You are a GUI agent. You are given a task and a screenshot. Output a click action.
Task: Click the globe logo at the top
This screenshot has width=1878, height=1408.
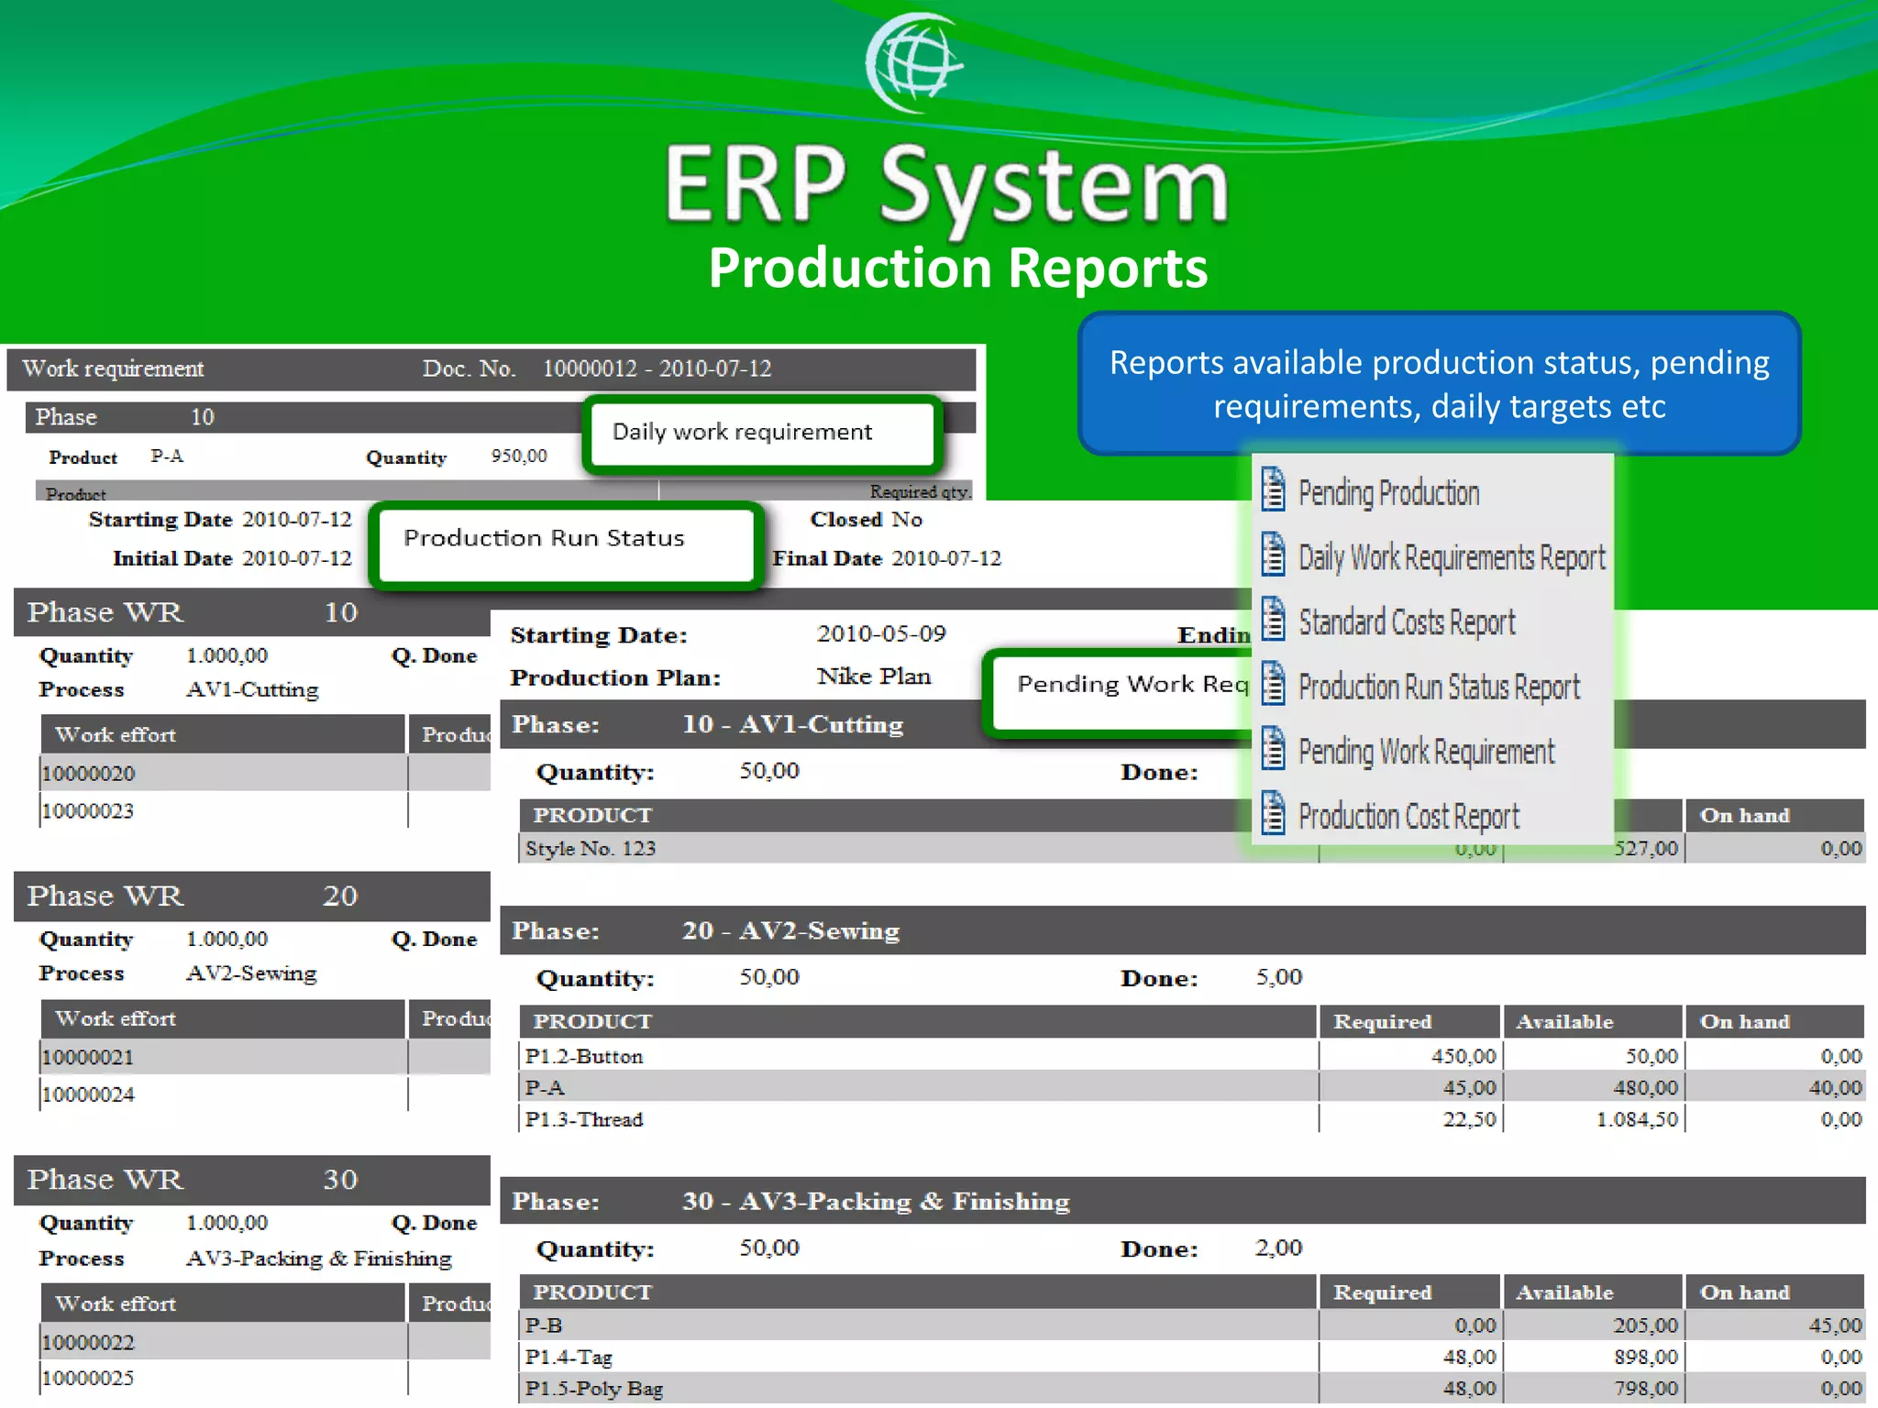912,62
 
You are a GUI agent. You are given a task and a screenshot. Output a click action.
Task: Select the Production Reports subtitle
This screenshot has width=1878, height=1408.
957,269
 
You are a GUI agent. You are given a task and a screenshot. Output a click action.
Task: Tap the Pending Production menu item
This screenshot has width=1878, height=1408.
1387,493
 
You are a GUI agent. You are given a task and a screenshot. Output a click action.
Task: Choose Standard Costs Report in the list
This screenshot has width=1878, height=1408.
1406,622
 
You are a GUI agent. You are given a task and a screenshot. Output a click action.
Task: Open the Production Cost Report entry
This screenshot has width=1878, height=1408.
1408,816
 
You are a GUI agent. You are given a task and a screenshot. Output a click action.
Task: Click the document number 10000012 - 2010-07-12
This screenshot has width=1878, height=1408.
657,368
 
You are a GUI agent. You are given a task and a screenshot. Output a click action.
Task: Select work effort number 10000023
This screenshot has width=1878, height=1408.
88,811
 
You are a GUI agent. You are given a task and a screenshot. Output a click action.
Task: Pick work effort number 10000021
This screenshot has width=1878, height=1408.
88,1058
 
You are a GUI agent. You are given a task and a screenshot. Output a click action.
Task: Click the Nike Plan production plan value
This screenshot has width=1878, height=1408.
873,676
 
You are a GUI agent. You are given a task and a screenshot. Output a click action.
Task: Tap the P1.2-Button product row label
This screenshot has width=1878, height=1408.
584,1057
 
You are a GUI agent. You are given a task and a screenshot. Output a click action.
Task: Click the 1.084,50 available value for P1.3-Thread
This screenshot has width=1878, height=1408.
1636,1120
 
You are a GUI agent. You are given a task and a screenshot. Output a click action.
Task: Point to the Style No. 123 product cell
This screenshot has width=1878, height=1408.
591,849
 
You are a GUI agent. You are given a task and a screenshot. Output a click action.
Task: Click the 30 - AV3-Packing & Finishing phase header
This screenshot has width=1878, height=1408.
875,1202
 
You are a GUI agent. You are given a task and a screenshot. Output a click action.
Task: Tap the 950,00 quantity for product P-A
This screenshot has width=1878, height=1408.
518,456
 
